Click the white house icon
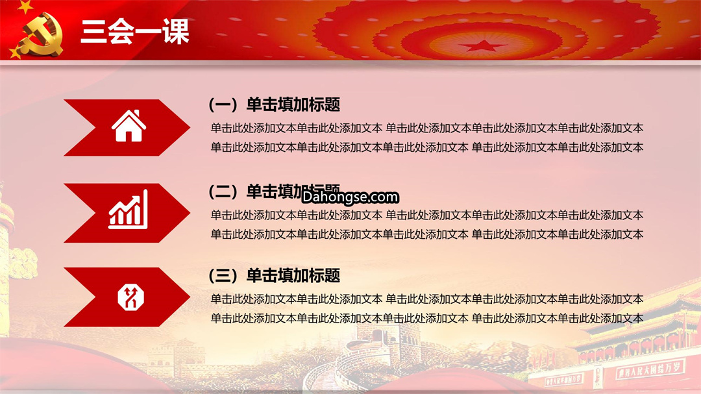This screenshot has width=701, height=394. click(129, 126)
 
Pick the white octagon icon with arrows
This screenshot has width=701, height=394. click(130, 297)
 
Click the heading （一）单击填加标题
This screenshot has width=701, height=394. click(275, 105)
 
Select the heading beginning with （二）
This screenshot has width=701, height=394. click(275, 191)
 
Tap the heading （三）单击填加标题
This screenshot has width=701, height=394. click(275, 275)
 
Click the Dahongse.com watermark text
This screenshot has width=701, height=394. click(350, 197)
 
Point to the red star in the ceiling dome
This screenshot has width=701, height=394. click(483, 45)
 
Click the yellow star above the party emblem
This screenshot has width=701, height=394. click(25, 6)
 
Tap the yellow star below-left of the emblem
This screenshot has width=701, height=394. click(16, 52)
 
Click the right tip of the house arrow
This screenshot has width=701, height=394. click(190, 127)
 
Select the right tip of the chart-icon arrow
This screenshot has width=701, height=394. click(190, 213)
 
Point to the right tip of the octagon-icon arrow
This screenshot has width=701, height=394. click(190, 297)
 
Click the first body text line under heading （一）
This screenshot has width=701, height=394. click(427, 129)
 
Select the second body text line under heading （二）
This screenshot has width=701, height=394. click(427, 234)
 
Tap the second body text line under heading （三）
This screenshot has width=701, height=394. click(427, 319)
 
